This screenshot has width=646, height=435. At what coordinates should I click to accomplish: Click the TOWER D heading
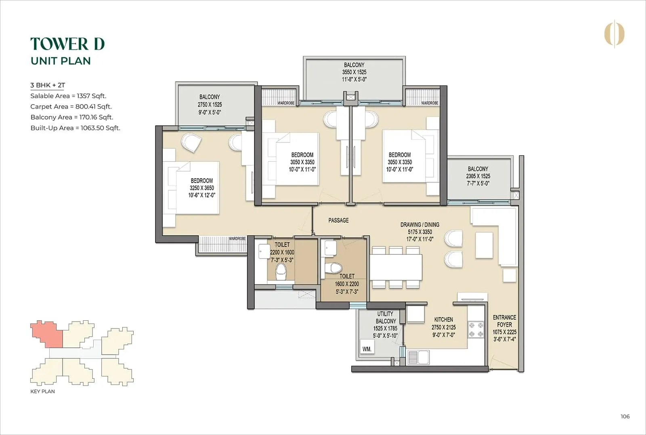click(67, 44)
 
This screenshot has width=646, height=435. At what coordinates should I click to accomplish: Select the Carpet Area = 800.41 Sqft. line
click(71, 107)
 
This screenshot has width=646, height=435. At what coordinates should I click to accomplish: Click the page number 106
click(625, 416)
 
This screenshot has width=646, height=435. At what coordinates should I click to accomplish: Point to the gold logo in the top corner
click(614, 34)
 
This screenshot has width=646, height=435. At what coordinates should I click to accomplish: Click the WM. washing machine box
click(367, 349)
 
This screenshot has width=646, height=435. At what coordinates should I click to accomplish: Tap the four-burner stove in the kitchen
click(475, 330)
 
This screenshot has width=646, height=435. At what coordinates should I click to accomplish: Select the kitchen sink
click(419, 357)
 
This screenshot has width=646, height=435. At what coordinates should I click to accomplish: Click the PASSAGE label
click(338, 221)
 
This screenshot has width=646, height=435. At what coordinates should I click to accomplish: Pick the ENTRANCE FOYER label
click(504, 321)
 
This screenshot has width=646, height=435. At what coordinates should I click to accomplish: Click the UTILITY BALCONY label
click(386, 317)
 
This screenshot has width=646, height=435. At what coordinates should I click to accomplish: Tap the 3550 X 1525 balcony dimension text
click(354, 72)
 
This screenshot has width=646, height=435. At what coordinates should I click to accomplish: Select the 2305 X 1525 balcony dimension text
click(478, 176)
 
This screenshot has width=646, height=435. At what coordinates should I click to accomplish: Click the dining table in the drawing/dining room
click(396, 267)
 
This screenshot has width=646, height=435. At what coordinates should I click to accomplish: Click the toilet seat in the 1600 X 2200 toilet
click(334, 267)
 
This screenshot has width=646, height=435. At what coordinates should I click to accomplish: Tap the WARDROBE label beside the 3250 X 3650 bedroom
click(237, 239)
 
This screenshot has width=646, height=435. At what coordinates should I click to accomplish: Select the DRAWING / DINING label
click(420, 225)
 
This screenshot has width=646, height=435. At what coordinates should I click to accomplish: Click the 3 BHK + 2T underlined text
click(48, 85)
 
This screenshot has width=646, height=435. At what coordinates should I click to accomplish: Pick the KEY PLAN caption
click(43, 391)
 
